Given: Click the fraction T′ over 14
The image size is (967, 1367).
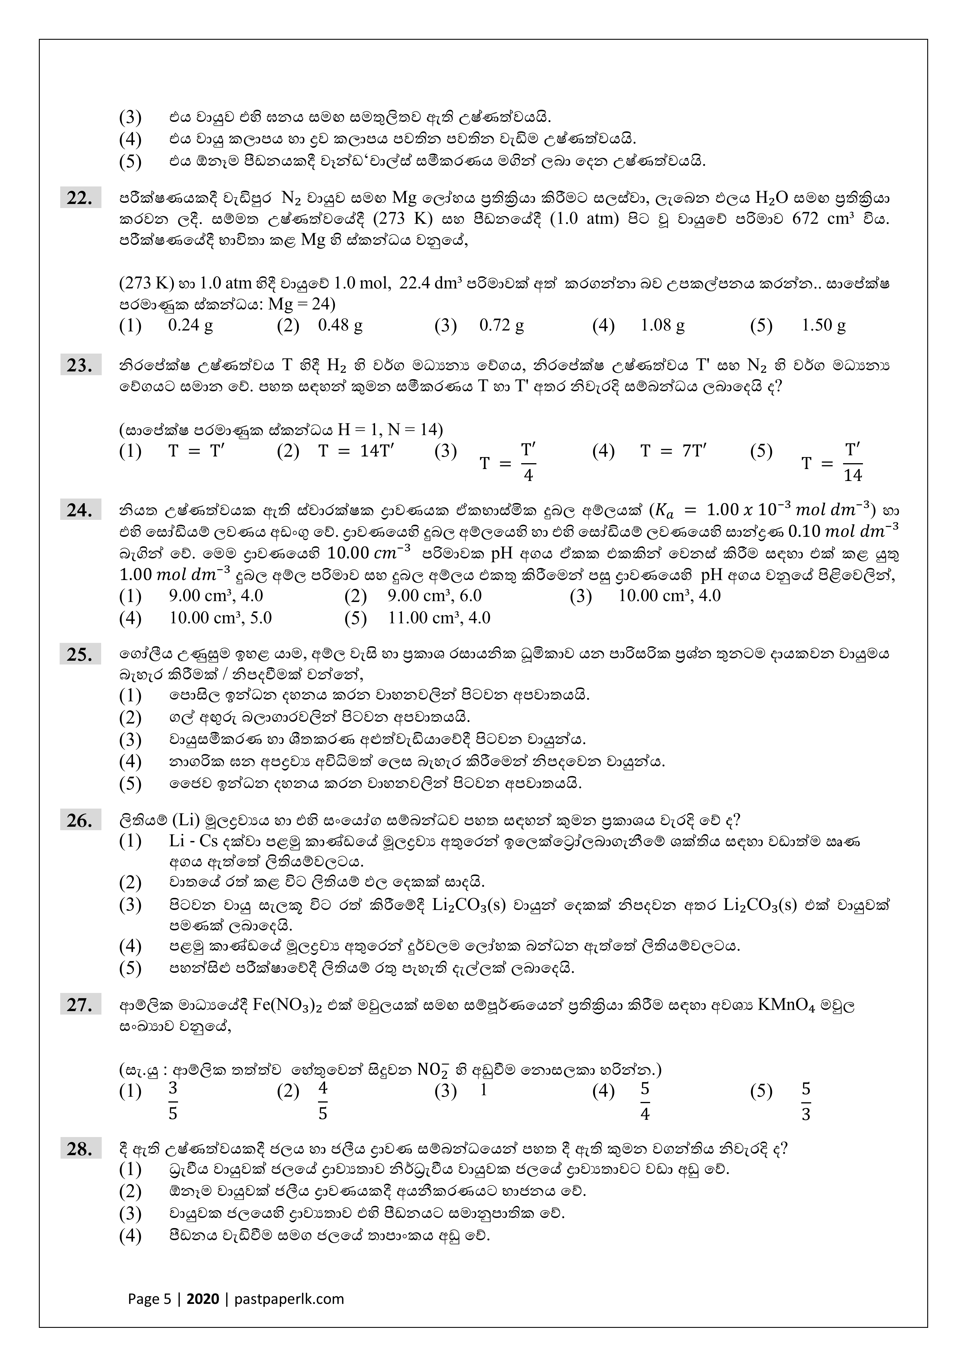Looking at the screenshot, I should coord(853,462).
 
